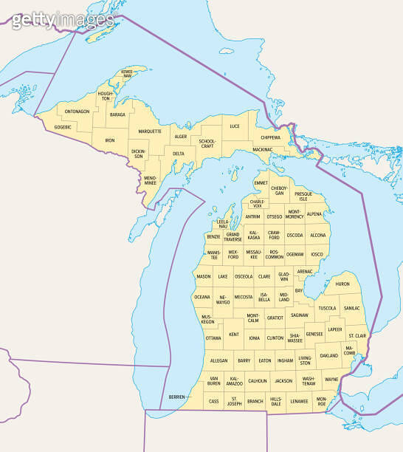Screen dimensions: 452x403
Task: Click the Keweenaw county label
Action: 127,75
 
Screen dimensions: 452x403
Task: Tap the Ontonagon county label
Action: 77,112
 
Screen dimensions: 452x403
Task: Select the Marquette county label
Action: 150,131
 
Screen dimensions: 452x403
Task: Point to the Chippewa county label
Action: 270,137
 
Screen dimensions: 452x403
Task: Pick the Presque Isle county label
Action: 303,196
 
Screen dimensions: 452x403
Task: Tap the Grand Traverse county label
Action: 232,237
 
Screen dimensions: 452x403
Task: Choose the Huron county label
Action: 342,284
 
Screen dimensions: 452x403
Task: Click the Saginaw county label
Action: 300,315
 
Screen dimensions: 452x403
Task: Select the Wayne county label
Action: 331,380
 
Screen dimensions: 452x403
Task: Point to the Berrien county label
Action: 176,397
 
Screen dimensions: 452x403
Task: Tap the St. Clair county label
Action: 357,336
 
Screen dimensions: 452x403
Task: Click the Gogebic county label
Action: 63,127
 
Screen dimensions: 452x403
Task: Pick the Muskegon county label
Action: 208,320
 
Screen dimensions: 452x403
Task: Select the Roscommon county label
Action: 274,255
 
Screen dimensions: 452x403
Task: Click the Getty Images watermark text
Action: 63,20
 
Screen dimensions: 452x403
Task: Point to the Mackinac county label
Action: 262,149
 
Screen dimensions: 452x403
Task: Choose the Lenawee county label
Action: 300,401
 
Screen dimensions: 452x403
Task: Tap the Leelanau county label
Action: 223,224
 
